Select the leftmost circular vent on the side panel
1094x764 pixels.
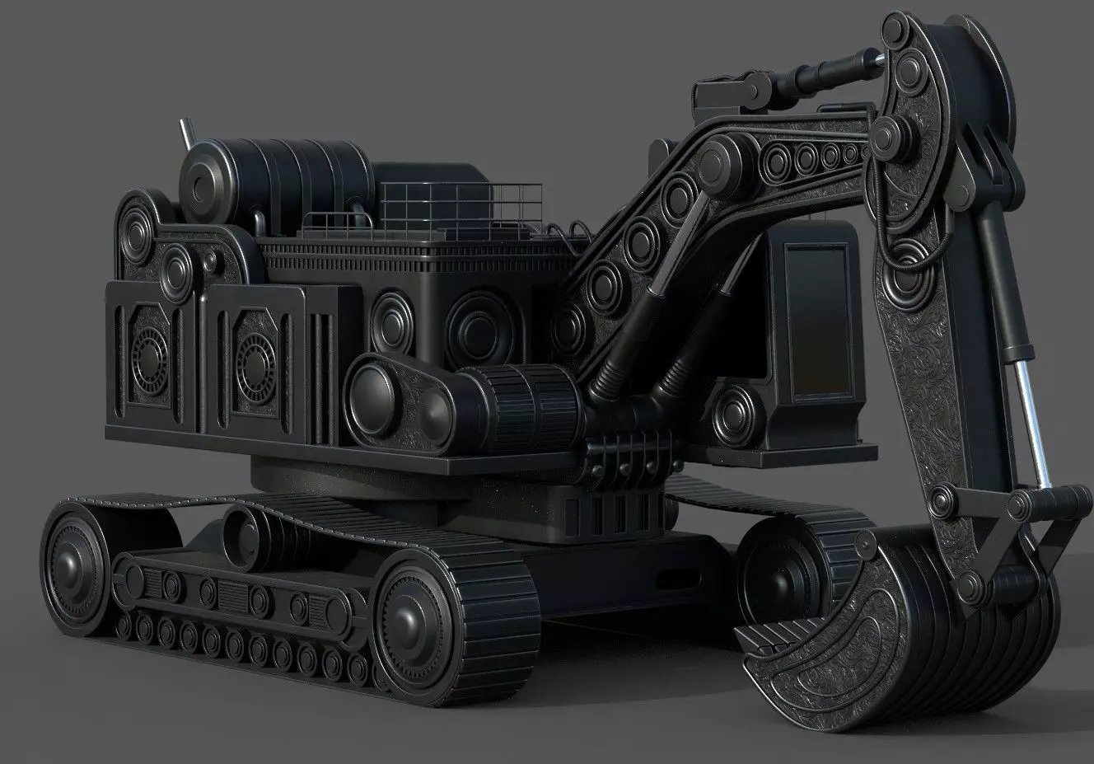tap(148, 363)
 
